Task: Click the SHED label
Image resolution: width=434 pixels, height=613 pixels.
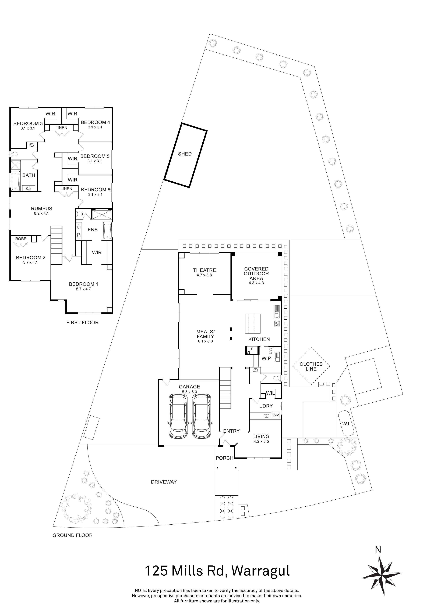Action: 185,154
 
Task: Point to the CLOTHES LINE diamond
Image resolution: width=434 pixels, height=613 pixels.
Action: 311,366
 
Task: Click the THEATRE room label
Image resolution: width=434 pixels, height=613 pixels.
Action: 204,270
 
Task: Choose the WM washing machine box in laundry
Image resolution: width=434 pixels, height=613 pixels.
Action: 276,415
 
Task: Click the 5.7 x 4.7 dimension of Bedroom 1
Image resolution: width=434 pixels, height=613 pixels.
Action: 83,289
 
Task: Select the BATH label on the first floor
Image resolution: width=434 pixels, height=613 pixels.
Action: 29,175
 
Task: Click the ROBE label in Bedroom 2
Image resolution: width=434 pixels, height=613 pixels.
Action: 21,239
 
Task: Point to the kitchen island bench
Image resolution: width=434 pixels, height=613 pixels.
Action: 253,324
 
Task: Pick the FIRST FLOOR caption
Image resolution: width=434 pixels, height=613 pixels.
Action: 82,323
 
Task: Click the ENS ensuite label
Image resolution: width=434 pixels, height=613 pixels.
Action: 93,230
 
